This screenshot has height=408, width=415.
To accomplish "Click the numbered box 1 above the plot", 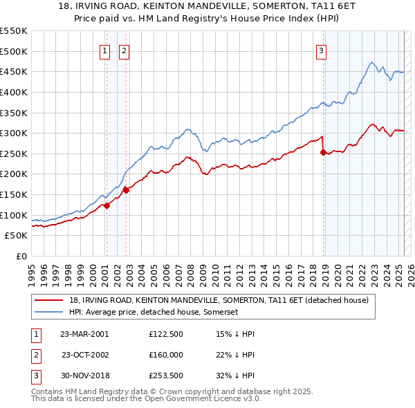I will click(x=104, y=50).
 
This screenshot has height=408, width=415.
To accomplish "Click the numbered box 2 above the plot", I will click(x=124, y=50).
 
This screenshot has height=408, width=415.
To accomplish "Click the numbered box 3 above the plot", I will click(x=322, y=50).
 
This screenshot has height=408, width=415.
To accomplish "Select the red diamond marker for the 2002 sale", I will click(x=126, y=189).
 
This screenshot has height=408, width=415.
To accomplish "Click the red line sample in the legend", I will click(x=49, y=300).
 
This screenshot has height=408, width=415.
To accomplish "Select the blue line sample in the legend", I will click(x=49, y=312).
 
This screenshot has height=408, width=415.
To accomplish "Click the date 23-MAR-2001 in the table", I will click(x=84, y=334).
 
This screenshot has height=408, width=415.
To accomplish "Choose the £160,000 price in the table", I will click(x=165, y=355).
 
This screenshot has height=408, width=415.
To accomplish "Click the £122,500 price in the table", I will click(x=165, y=334).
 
